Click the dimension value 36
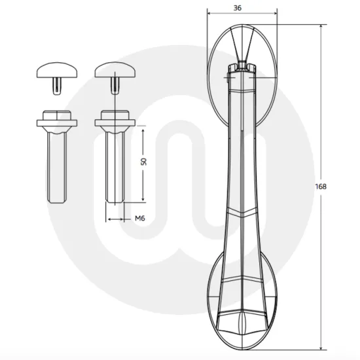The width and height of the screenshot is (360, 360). [x=241, y=7]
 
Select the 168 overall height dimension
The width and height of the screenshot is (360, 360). [x=321, y=186]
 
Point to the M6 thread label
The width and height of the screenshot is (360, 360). [x=139, y=218]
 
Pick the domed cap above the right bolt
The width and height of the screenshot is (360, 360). [x=115, y=68]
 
